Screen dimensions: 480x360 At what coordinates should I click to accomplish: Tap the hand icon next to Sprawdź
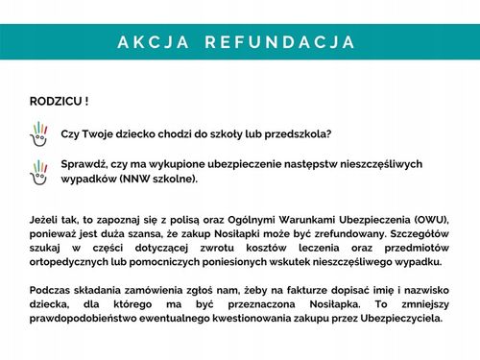click(41, 171)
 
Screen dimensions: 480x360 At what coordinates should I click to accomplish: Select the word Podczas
click(54, 291)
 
